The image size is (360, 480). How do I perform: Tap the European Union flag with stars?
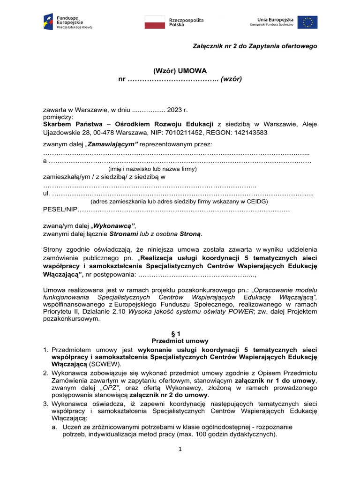pyautogui.click(x=307, y=22)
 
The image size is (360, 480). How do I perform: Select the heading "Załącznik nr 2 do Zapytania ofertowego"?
pyautogui.click(x=255, y=46)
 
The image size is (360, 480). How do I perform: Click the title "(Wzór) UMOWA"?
pyautogui.click(x=180, y=70)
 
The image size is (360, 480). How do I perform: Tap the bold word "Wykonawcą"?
pyautogui.click(x=114, y=225)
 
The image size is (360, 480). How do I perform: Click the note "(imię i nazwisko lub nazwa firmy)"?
pyautogui.click(x=152, y=169)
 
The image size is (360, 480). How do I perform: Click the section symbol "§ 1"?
pyautogui.click(x=180, y=333)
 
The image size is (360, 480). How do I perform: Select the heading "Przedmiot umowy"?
pyautogui.click(x=180, y=341)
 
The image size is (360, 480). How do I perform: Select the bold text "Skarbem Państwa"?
pyautogui.click(x=71, y=124)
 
